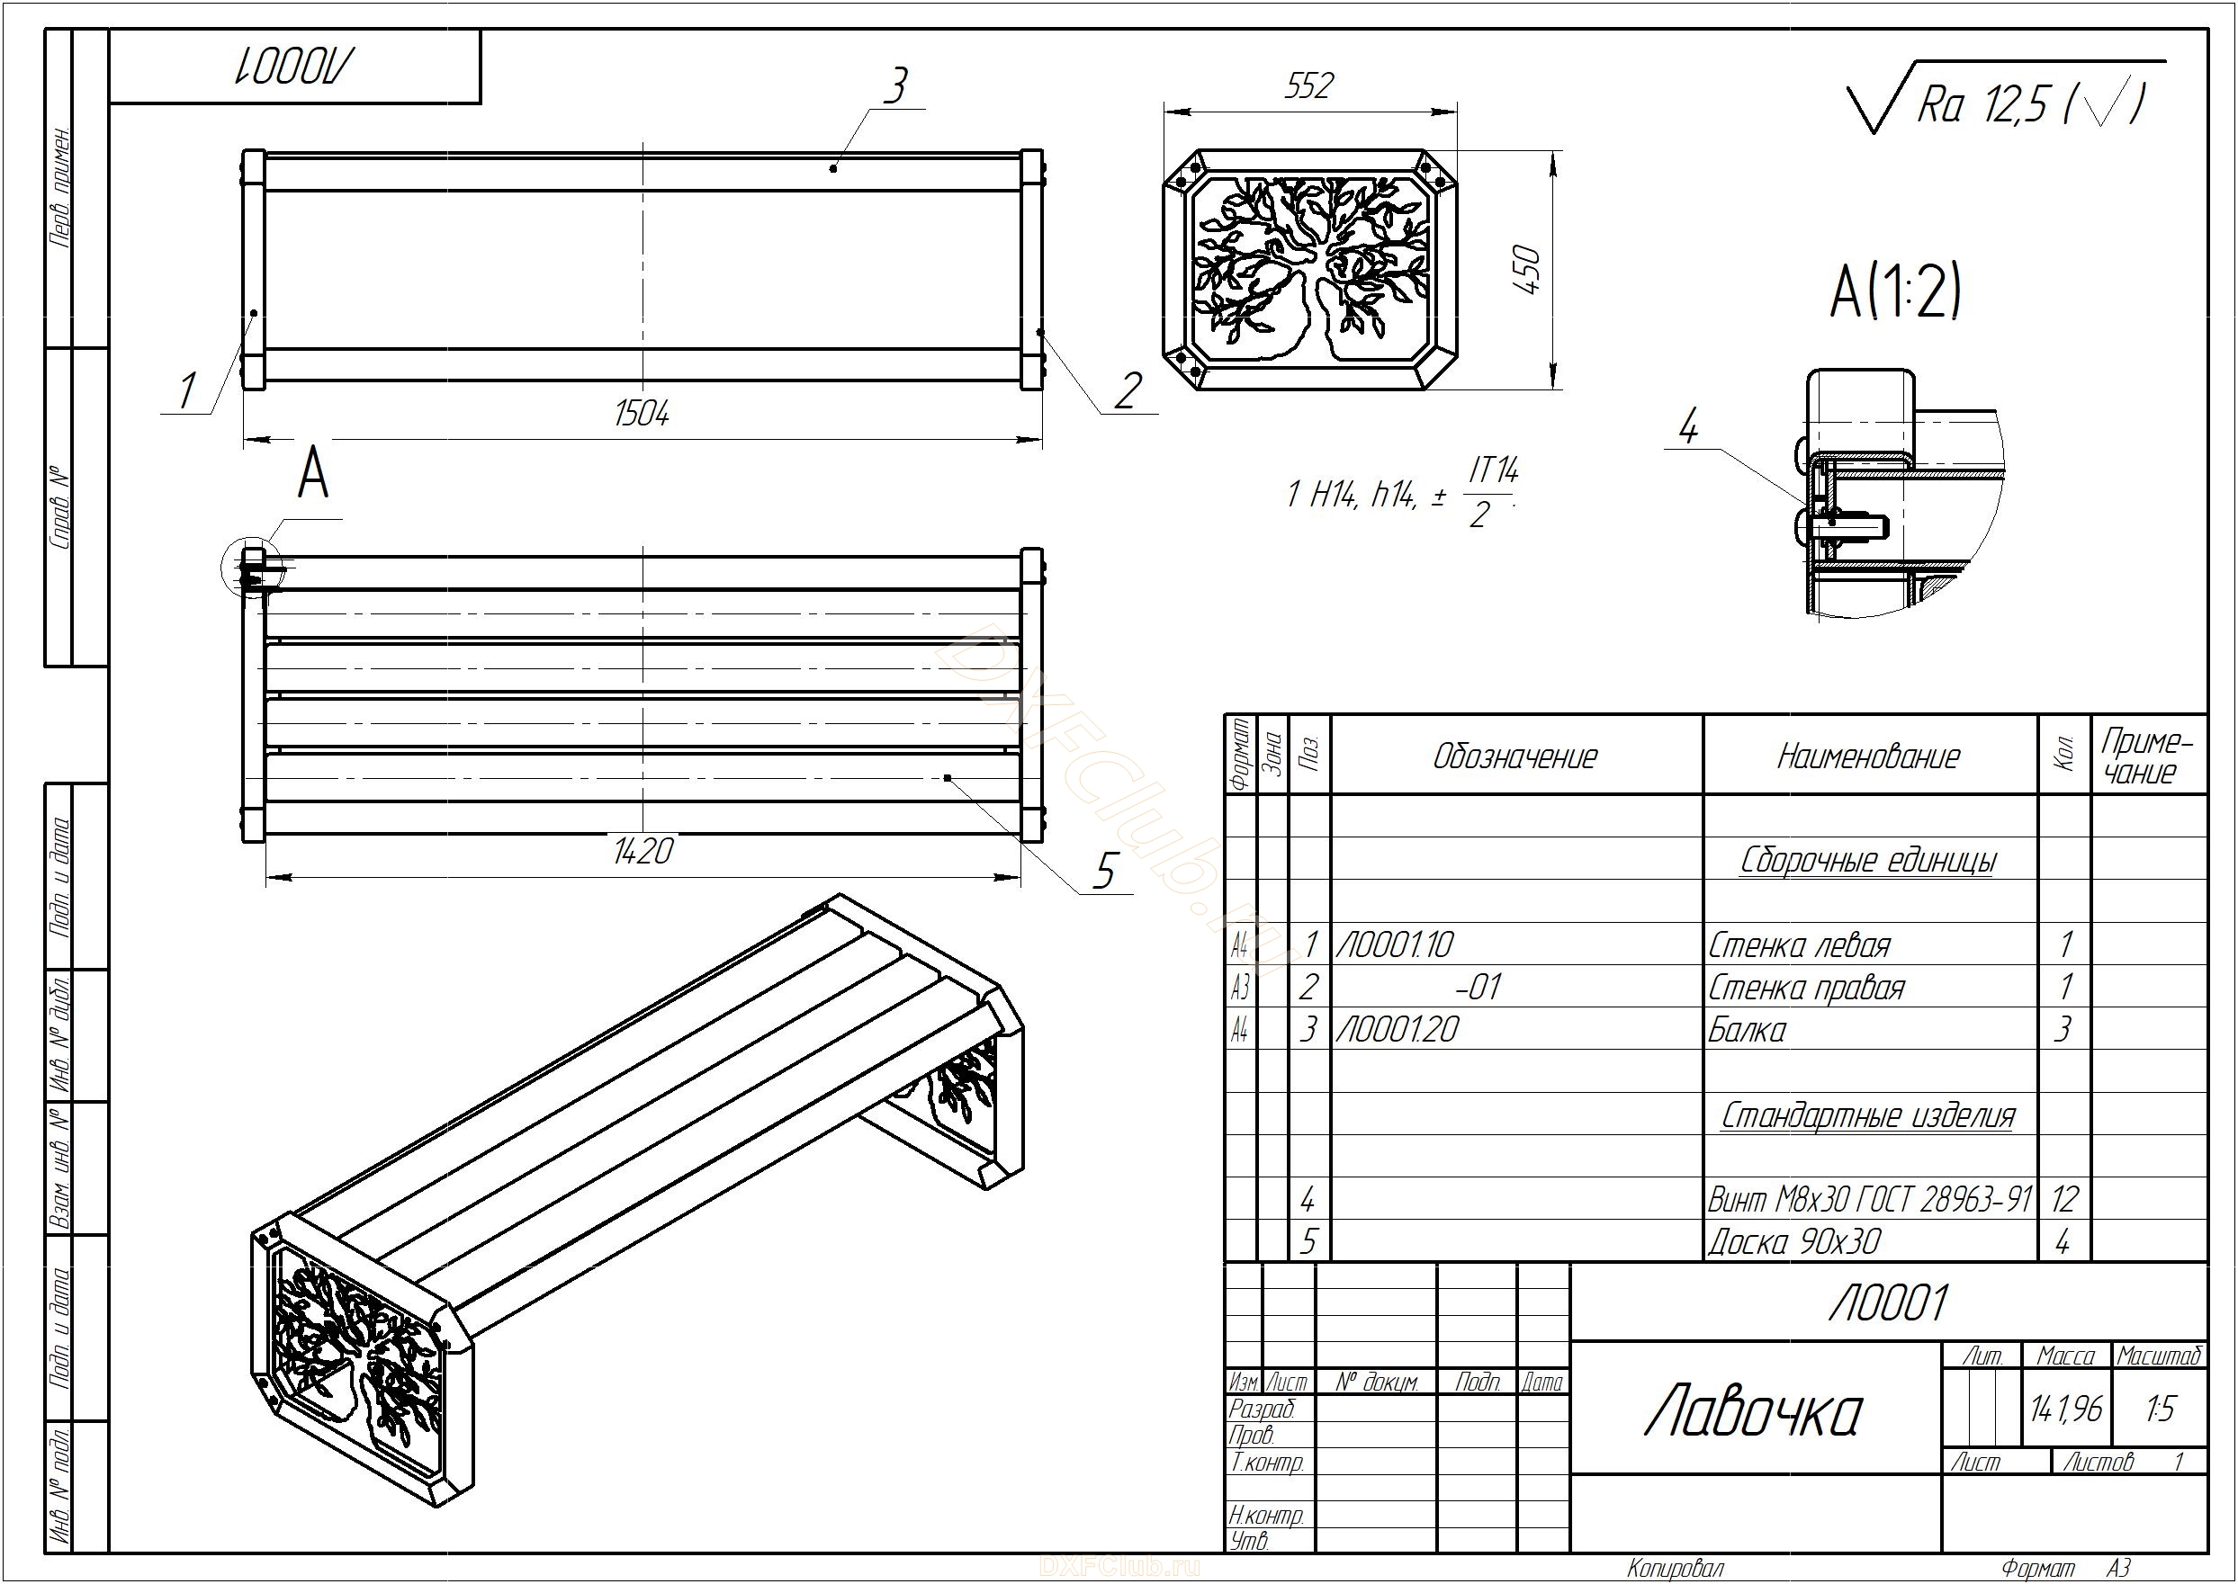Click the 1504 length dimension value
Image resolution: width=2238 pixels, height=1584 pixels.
tap(642, 414)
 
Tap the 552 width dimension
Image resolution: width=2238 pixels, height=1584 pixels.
tap(1308, 87)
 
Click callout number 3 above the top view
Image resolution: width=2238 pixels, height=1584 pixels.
tap(894, 85)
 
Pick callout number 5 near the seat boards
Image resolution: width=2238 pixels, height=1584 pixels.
tap(1103, 870)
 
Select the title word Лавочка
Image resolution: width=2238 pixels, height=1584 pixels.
tap(1753, 1413)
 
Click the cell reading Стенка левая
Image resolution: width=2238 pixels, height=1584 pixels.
tap(1799, 945)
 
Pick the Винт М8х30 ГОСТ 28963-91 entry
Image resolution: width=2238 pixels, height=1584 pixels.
tap(1870, 1199)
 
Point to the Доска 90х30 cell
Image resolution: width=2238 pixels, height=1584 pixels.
tap(1794, 1241)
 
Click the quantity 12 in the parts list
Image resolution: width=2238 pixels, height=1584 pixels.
tap(2063, 1199)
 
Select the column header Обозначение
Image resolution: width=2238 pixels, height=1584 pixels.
tap(1515, 756)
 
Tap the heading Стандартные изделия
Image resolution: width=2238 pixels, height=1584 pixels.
tap(1867, 1114)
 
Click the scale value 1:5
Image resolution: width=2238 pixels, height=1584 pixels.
tap(2160, 1409)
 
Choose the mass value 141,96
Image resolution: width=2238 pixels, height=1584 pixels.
tap(2065, 1409)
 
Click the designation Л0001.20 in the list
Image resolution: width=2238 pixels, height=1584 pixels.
tap(1397, 1029)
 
